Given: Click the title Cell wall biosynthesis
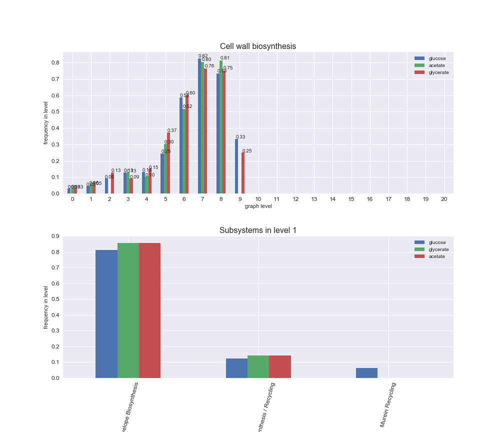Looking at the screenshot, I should (x=257, y=46).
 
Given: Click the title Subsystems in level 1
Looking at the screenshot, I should (x=257, y=230).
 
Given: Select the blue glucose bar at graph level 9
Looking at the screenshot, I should (x=236, y=166).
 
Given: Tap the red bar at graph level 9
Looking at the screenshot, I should (x=243, y=173).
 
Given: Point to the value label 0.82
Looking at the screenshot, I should (x=203, y=56).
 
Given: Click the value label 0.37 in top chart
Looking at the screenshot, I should (x=172, y=130).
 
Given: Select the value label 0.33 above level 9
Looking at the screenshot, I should (x=240, y=137).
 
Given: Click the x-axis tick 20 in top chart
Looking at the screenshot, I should (x=443, y=199).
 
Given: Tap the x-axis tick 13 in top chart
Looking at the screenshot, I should (x=314, y=199).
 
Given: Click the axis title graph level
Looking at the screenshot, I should (x=258, y=206).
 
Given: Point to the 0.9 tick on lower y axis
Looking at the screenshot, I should (x=54, y=236).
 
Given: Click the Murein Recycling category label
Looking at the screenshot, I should (x=387, y=404).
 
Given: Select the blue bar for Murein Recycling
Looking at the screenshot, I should (x=366, y=373).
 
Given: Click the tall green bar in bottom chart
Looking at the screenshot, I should (x=128, y=310).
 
